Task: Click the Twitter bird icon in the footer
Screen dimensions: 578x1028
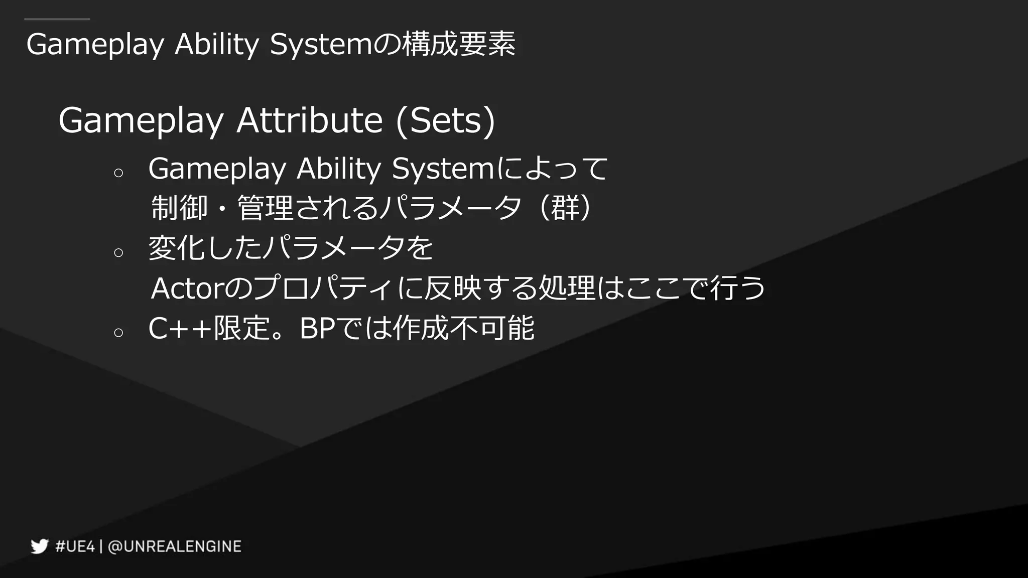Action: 39,546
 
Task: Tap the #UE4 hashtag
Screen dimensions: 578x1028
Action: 75,546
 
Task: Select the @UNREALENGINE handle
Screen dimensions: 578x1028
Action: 175,546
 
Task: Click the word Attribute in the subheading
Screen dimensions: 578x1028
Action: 309,120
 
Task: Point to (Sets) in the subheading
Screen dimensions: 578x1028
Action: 445,120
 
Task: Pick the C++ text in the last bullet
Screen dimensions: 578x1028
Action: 180,329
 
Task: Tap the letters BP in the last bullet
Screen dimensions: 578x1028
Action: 317,329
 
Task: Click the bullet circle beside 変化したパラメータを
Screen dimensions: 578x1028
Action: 118,252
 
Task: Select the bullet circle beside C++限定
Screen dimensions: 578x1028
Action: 118,333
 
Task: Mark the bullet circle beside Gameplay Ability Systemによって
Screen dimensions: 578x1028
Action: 118,173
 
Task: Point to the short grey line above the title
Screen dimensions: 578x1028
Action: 57,20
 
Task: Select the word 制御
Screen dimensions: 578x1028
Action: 179,208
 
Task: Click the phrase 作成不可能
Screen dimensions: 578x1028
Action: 463,329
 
